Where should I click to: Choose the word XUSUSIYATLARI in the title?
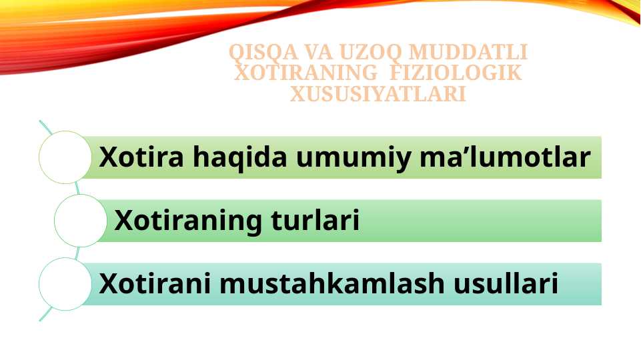(378, 95)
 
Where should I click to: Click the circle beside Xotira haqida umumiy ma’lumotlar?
(65, 157)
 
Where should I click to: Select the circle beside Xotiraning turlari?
(80, 220)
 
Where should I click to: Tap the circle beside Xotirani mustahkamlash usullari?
(65, 284)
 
